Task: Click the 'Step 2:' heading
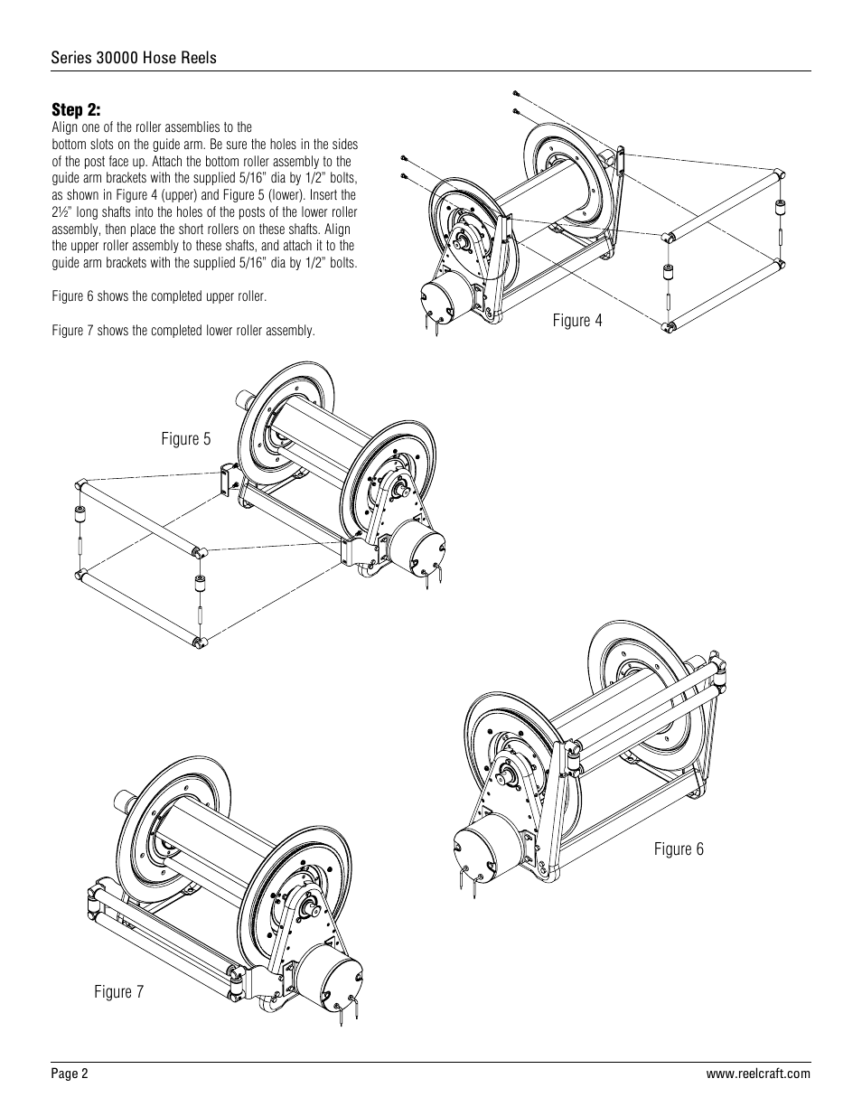pyautogui.click(x=76, y=110)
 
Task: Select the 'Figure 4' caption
pyautogui.click(x=576, y=321)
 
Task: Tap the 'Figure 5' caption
pyautogui.click(x=185, y=439)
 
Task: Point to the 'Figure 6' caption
pyautogui.click(x=679, y=849)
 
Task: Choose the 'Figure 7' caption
pyautogui.click(x=118, y=992)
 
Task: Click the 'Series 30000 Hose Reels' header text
pyautogui.click(x=133, y=58)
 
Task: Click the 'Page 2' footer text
pyautogui.click(x=70, y=1074)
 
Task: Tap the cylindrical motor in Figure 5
pyautogui.click(x=415, y=547)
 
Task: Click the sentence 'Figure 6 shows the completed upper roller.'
pyautogui.click(x=159, y=297)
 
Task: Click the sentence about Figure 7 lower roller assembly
pyautogui.click(x=183, y=331)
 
